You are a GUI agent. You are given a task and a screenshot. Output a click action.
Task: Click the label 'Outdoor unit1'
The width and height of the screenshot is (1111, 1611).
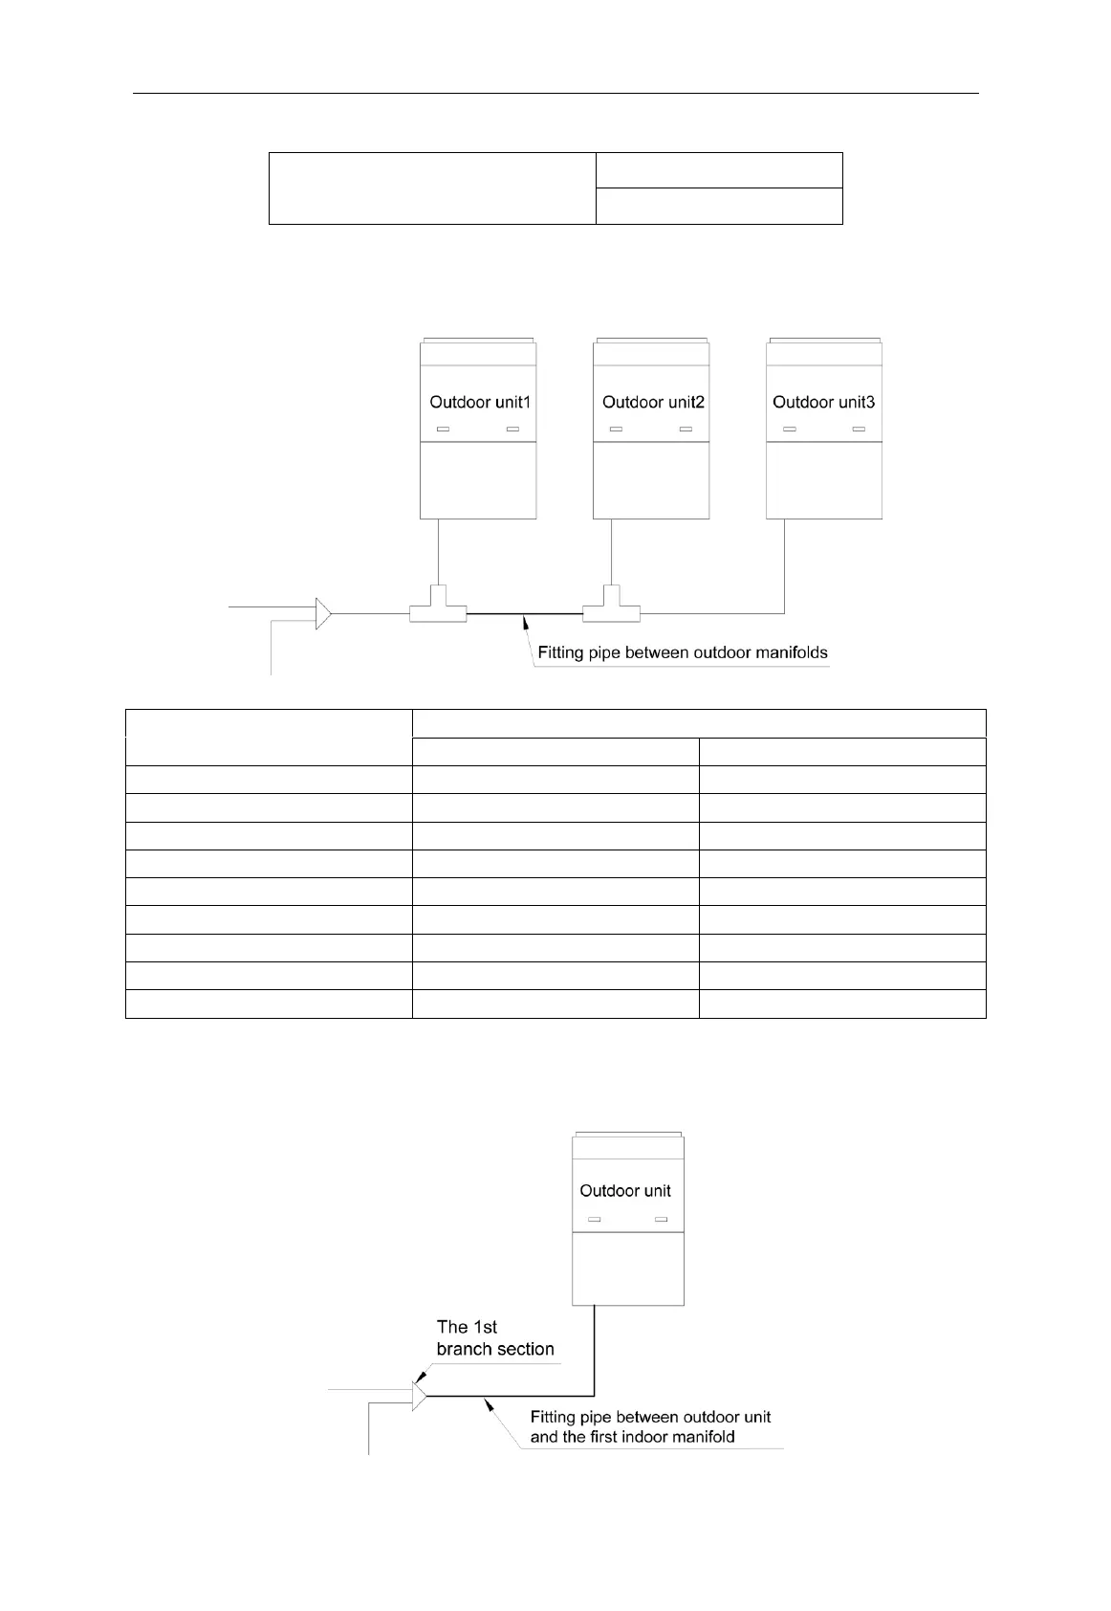tap(479, 402)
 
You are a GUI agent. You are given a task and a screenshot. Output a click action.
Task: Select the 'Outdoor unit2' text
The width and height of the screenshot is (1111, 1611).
tap(653, 402)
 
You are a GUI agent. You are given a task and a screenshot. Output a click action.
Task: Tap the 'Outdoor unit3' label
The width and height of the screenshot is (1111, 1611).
tap(823, 402)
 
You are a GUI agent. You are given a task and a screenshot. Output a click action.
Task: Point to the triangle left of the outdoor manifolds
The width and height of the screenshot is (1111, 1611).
tap(323, 613)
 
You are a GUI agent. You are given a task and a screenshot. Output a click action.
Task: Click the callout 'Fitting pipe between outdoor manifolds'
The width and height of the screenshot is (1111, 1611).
tap(682, 653)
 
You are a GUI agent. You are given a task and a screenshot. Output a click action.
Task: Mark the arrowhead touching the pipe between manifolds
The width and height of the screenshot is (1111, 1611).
tap(523, 623)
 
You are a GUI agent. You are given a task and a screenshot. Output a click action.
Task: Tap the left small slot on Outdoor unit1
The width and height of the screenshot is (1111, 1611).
tap(443, 430)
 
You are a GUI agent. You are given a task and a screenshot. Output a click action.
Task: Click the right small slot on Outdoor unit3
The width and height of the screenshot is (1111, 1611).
tap(859, 430)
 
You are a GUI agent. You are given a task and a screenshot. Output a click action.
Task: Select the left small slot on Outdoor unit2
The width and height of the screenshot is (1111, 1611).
tap(616, 430)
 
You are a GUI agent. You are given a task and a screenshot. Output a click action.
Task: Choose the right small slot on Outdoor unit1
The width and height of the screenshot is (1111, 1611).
tap(512, 430)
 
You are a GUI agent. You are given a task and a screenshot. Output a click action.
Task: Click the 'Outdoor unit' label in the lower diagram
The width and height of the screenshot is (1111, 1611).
tap(625, 1191)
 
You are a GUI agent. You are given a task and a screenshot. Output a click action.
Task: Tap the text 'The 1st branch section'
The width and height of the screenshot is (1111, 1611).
tap(494, 1338)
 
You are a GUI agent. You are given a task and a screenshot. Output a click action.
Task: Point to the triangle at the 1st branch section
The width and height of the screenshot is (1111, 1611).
tap(419, 1396)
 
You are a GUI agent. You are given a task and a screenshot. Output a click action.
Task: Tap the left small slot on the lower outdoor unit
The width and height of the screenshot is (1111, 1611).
tap(594, 1220)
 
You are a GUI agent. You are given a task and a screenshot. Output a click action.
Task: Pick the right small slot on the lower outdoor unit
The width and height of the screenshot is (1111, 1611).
tap(660, 1220)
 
